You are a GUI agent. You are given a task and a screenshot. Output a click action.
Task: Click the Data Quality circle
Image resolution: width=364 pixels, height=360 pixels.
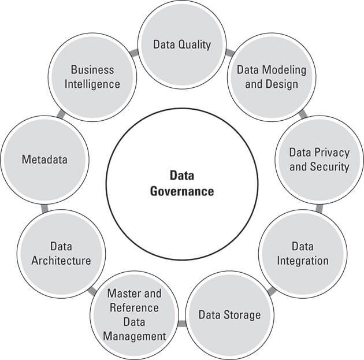point(182,44)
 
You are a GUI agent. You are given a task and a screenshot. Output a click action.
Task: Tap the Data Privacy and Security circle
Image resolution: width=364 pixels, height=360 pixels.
point(319,159)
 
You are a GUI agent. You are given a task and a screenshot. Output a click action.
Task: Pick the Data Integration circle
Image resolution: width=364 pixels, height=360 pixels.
point(302,253)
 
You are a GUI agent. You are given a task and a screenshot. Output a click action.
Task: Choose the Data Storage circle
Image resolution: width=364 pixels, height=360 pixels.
point(229,314)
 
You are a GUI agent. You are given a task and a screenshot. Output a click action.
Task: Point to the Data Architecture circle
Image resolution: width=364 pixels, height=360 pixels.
point(61,253)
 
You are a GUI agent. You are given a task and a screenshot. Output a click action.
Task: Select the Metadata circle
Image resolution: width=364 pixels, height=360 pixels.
point(45,159)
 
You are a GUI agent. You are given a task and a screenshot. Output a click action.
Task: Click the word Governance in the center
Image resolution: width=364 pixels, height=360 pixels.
point(182,191)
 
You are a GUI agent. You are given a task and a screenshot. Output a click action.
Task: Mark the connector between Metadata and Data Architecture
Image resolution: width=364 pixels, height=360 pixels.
point(44,206)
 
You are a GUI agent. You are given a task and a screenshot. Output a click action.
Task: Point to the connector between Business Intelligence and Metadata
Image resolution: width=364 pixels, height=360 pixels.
point(60,114)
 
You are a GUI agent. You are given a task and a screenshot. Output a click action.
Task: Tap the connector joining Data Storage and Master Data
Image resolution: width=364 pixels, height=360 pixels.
point(183,323)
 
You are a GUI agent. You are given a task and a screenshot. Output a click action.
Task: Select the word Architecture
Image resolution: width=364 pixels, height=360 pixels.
point(62,261)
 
